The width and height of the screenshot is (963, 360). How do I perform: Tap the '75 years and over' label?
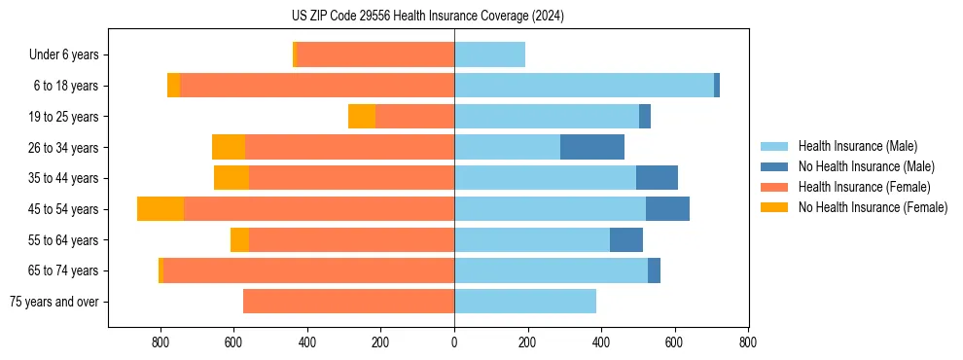[x=53, y=302]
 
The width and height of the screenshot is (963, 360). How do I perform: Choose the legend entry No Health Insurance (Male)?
[x=866, y=166]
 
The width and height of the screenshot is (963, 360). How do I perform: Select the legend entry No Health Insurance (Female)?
[x=873, y=207]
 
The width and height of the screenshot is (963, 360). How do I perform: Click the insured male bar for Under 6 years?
[x=489, y=54]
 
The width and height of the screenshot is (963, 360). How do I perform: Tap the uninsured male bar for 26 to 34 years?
[x=592, y=147]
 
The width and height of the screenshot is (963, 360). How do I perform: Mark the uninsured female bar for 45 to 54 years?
[x=160, y=209]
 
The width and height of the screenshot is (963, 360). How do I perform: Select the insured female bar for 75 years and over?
[x=348, y=302]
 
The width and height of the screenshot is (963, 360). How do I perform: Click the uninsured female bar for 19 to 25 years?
[x=362, y=117]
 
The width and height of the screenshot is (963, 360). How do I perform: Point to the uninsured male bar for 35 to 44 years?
[x=657, y=178]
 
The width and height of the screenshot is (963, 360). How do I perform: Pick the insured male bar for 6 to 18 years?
[x=584, y=86]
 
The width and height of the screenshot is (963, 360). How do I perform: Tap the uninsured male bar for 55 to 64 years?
[x=626, y=239]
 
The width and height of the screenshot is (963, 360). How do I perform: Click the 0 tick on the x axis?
[x=454, y=342]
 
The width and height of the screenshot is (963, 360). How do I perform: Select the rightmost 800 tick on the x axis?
[x=748, y=342]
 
